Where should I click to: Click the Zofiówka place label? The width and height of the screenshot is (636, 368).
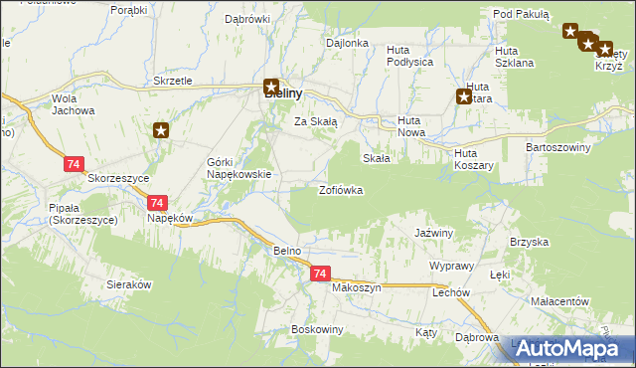click(341, 190)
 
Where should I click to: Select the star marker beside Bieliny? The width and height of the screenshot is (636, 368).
click(271, 87)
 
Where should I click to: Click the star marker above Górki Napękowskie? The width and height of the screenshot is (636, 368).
click(162, 130)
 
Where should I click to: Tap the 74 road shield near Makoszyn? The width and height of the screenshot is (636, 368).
click(319, 274)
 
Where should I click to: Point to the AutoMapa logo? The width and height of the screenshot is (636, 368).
click(572, 349)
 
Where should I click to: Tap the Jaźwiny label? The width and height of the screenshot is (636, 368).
click(433, 233)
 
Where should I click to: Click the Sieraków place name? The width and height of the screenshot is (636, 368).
click(128, 284)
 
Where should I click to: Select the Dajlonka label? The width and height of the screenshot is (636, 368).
click(348, 44)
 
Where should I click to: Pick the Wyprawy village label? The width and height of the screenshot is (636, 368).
click(451, 268)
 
